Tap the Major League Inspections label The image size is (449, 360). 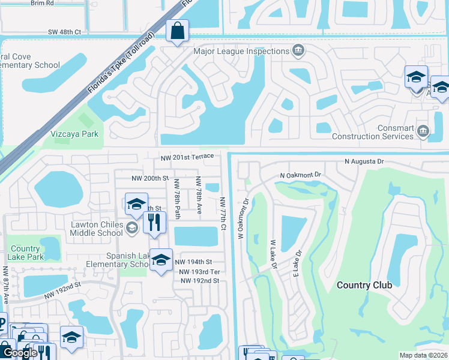pos(241,51)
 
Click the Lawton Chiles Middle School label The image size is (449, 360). pos(97,229)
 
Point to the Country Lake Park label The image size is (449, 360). pos(25,253)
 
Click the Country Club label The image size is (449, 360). pos(364,285)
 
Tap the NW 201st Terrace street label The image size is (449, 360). pos(187,157)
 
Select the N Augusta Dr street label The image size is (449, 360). pos(372,161)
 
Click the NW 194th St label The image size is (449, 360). pos(193,262)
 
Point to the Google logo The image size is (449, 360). pos(20,353)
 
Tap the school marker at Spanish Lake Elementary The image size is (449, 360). pos(160,260)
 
